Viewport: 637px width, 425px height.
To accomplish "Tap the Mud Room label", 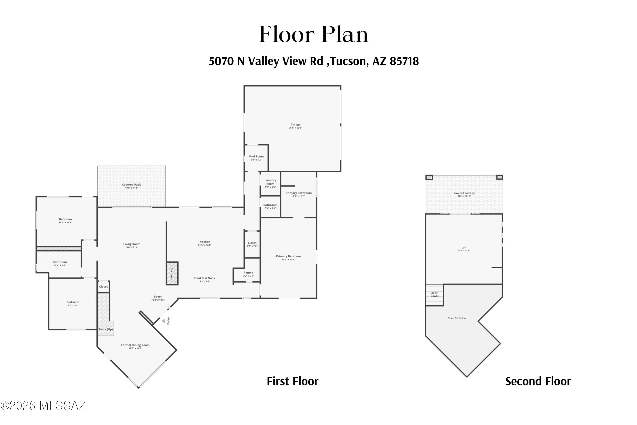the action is pyautogui.click(x=256, y=156).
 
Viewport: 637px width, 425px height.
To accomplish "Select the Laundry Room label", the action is pyautogui.click(x=270, y=182).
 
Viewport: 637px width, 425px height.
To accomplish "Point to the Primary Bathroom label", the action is pyautogui.click(x=299, y=193).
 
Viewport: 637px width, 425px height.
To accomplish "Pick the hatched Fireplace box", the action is pyautogui.click(x=172, y=273).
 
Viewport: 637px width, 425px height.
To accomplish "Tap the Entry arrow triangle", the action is pyautogui.click(x=163, y=321).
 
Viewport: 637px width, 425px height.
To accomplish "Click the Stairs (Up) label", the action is pyautogui.click(x=105, y=329).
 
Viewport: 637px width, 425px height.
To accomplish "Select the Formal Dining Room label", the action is pyautogui.click(x=135, y=345).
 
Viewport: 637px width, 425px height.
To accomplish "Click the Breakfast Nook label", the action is pyautogui.click(x=204, y=278).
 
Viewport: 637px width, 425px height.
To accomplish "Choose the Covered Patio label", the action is pyautogui.click(x=132, y=185).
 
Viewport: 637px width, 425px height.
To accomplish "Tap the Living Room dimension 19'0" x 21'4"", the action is pyautogui.click(x=132, y=247).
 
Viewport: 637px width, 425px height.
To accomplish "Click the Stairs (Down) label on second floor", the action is pyautogui.click(x=434, y=294).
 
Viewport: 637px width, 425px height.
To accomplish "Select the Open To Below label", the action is pyautogui.click(x=457, y=318).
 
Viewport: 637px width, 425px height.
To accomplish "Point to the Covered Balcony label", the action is pyautogui.click(x=464, y=193).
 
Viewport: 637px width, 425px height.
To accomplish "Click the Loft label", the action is pyautogui.click(x=464, y=248).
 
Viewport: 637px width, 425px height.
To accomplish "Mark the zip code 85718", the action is pyautogui.click(x=404, y=61).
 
